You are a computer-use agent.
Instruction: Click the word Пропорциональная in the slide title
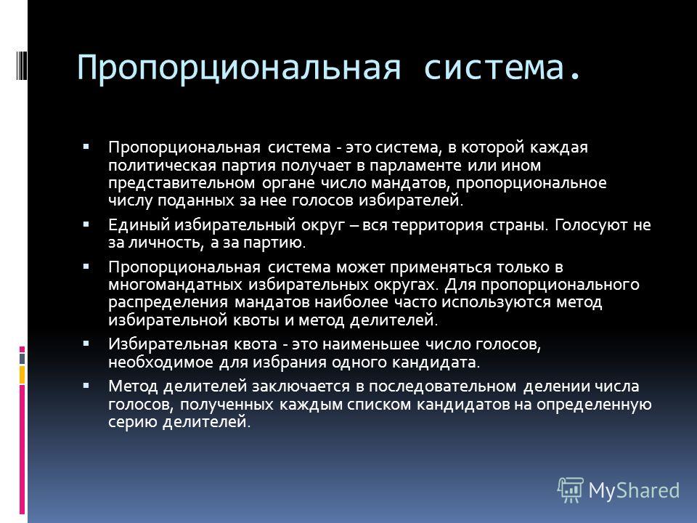click(239, 68)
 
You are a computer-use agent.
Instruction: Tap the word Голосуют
click(590, 225)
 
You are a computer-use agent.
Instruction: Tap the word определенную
click(594, 405)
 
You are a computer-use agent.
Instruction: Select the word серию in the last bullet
click(132, 422)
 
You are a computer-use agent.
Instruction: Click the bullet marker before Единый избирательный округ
click(86, 224)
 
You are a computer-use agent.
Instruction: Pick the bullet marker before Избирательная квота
click(86, 344)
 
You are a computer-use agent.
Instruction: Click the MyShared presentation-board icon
click(571, 490)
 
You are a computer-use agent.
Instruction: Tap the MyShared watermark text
click(634, 490)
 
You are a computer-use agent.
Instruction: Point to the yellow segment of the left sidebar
click(22, 375)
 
